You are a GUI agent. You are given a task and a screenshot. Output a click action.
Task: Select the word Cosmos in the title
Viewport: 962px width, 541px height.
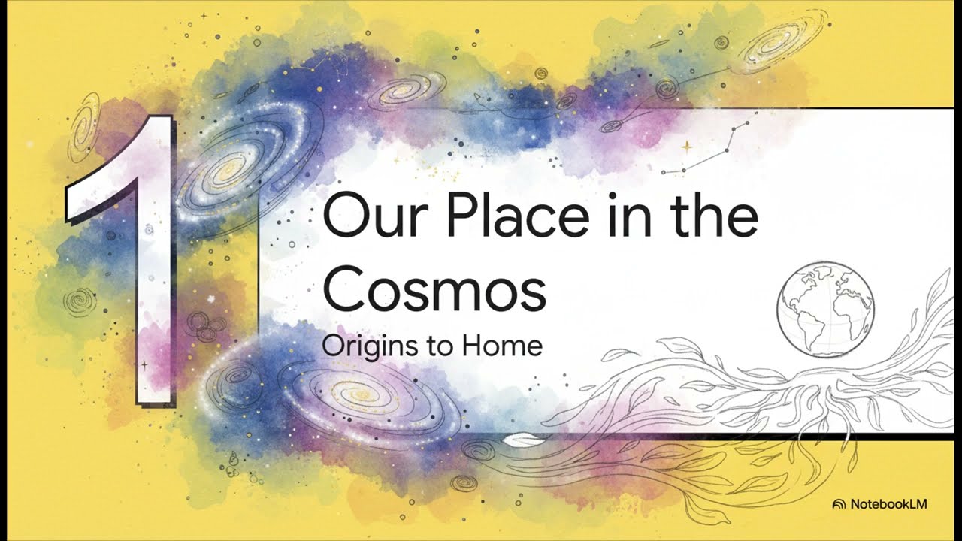coord(434,291)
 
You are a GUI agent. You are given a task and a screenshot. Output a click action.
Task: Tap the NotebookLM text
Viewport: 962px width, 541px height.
coord(888,504)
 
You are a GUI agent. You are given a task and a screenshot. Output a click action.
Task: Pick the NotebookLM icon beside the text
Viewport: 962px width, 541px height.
coord(839,504)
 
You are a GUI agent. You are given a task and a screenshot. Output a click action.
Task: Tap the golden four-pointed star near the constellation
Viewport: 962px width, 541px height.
coord(686,147)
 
